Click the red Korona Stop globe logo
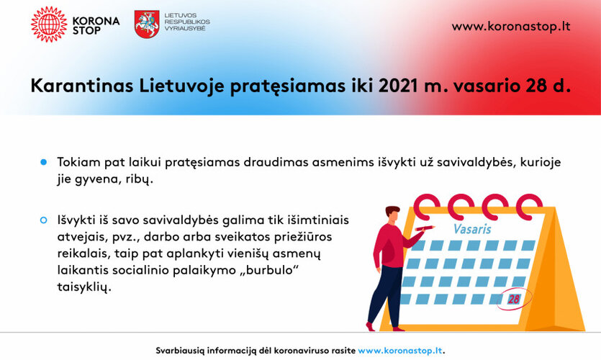point(49,24)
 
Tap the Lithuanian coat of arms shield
point(147,24)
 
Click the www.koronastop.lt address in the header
point(511,27)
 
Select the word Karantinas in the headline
point(82,86)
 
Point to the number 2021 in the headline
point(397,86)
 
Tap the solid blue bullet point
point(43,162)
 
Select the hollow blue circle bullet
point(43,220)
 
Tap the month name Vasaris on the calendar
point(472,229)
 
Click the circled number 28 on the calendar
point(514,299)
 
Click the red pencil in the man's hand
point(425,228)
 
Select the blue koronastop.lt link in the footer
point(400,351)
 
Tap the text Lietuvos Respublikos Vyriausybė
point(187,22)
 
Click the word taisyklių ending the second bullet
point(84,287)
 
